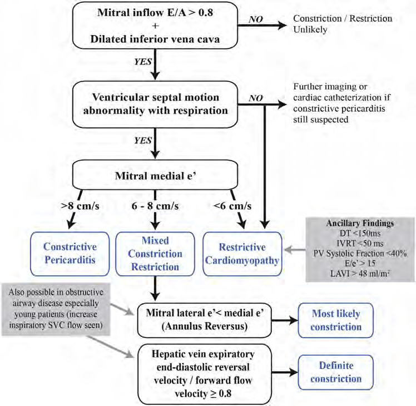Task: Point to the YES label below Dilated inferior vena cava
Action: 141,63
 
